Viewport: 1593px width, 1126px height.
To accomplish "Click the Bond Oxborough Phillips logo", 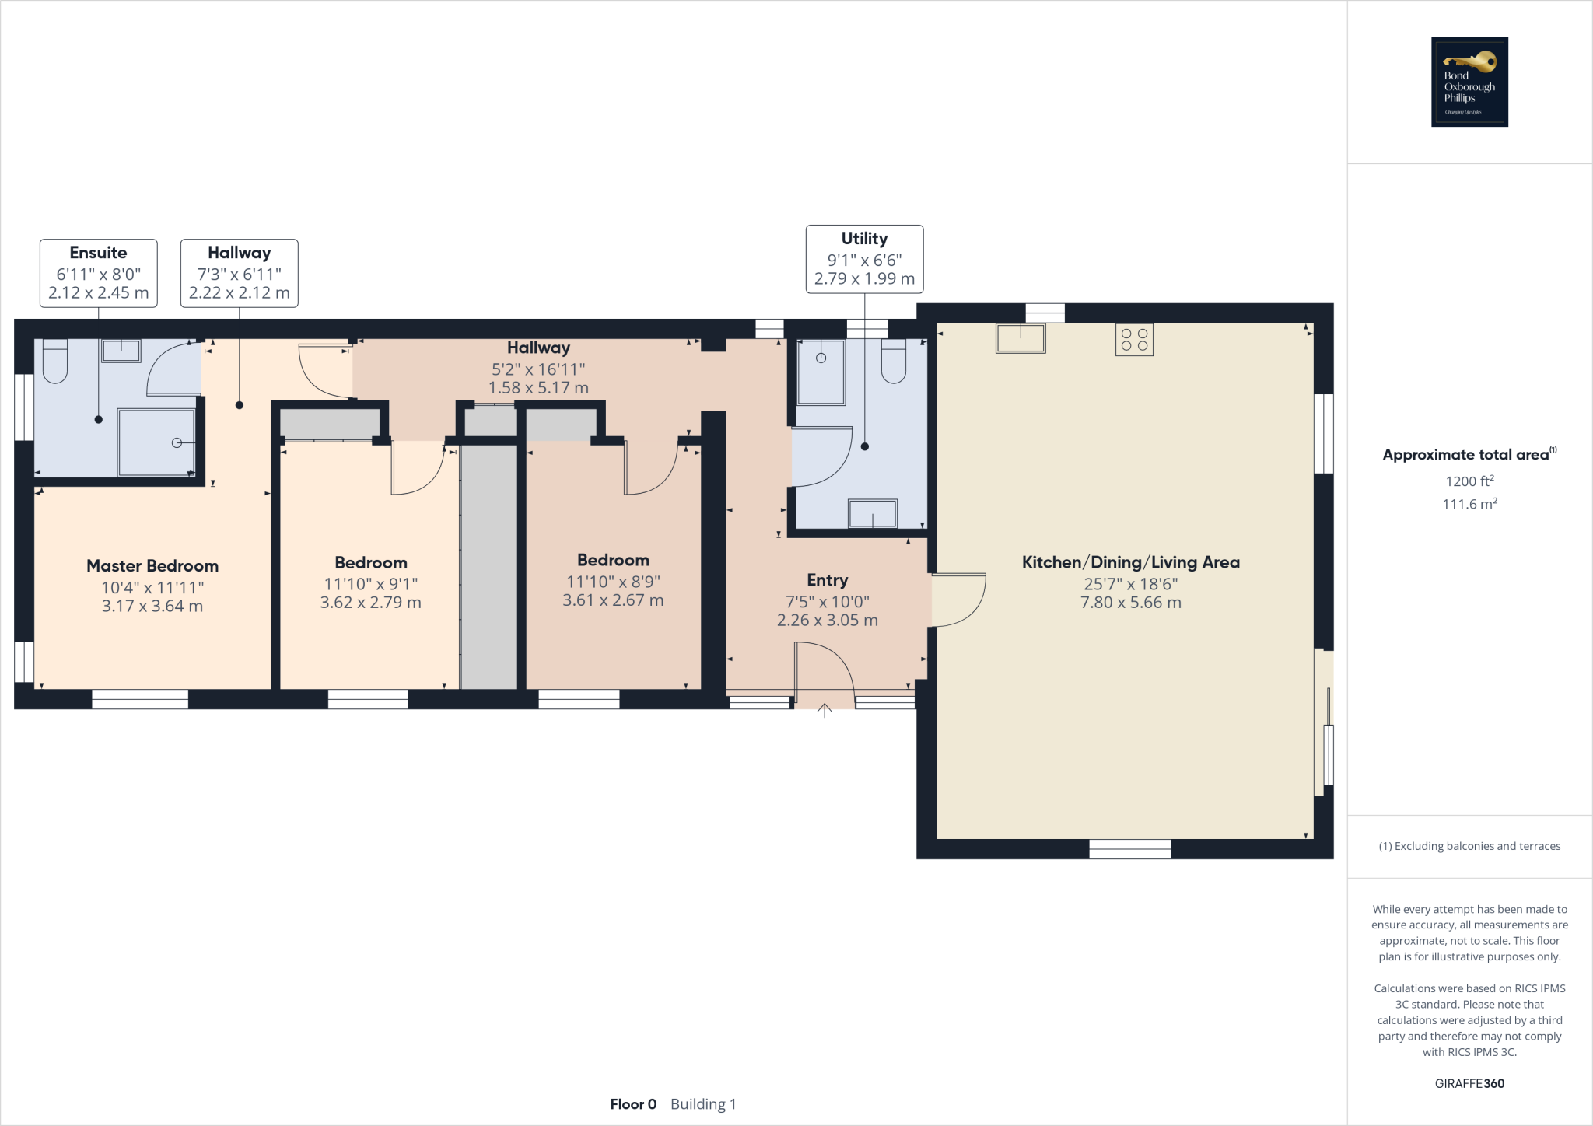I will (1469, 82).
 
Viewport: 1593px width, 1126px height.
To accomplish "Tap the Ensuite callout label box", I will (99, 273).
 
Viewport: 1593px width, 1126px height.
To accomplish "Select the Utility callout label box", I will (864, 259).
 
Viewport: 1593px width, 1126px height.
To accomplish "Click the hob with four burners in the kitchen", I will (1134, 340).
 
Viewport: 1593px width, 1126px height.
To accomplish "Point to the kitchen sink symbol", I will (1021, 338).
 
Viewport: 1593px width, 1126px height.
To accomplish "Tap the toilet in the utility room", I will (893, 363).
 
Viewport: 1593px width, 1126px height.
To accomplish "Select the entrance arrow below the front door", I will (825, 709).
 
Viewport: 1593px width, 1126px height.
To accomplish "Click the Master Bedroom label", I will (152, 566).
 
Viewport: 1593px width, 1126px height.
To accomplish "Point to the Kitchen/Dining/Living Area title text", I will (1130, 562).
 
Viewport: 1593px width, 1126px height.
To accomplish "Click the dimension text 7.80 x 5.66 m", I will (1130, 603).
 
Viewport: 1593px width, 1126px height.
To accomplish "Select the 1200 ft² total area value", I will (1469, 481).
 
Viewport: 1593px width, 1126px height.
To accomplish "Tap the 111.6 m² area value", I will (1469, 504).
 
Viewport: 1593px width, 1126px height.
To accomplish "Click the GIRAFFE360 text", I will (1469, 1083).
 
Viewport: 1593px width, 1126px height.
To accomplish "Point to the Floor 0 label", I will (633, 1104).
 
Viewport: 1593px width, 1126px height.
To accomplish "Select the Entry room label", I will (827, 580).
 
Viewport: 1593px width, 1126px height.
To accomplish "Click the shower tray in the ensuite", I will (156, 442).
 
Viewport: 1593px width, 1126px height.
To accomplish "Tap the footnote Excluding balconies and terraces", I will (1469, 846).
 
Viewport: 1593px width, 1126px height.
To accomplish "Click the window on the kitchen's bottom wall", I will (1130, 849).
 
